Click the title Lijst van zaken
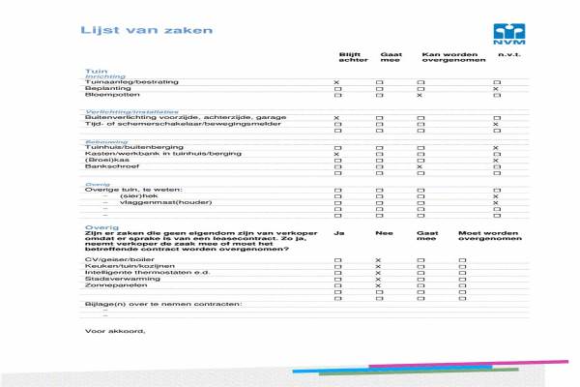point(146,30)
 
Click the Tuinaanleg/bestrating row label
point(126,82)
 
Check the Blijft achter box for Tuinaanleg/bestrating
point(336,82)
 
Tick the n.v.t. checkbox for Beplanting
point(496,89)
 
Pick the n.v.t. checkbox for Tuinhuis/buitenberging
point(496,147)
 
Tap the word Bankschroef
point(107,166)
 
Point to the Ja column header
point(338,233)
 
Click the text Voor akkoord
point(114,331)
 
